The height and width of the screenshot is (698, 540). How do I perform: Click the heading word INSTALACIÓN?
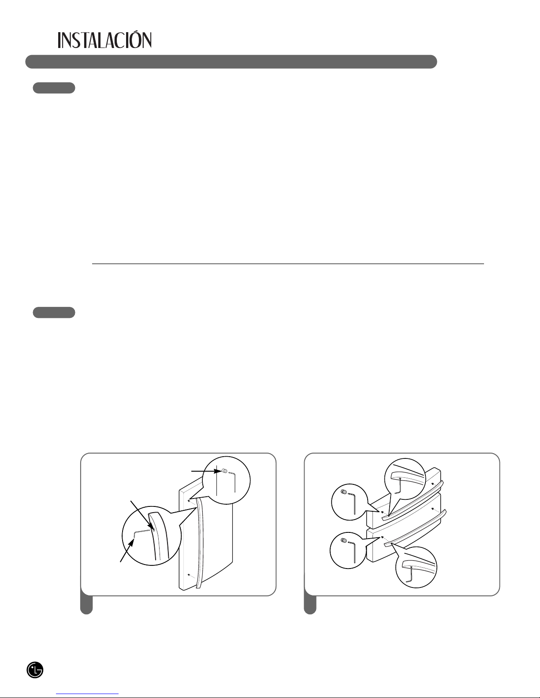tap(104, 40)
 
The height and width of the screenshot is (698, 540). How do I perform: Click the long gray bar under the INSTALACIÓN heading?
tap(231, 62)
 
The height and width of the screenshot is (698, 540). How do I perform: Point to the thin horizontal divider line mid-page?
tap(288, 264)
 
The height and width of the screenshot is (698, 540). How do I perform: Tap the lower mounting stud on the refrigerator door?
tap(189, 574)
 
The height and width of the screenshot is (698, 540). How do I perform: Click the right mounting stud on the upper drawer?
tap(433, 484)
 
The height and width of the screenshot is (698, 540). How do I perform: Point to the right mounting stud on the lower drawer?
tap(433, 509)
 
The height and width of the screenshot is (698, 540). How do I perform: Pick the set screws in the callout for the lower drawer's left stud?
tap(343, 541)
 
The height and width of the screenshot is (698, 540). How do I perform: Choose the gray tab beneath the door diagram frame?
tap(86, 605)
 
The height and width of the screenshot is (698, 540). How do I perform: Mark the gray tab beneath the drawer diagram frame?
tap(310, 605)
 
